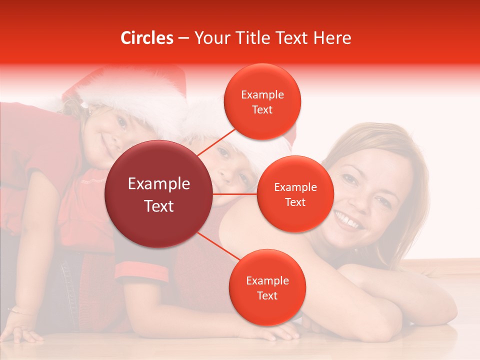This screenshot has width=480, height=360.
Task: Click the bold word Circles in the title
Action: (x=147, y=38)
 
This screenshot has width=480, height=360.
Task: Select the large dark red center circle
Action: (x=158, y=194)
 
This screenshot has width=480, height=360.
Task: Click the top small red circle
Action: (x=262, y=101)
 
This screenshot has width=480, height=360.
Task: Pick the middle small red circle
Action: (x=295, y=194)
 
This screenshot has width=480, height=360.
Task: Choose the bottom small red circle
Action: (x=267, y=287)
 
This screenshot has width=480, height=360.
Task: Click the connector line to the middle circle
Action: (x=235, y=194)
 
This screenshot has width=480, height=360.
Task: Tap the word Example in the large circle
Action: (x=158, y=183)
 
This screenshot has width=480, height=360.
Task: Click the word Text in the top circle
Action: (x=262, y=109)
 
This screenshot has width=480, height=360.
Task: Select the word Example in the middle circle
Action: (x=295, y=187)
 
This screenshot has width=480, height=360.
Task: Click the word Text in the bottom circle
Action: (x=267, y=295)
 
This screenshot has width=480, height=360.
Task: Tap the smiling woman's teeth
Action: (x=349, y=220)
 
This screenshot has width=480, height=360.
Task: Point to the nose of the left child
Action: (x=111, y=136)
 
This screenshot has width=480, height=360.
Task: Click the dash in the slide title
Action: (x=183, y=38)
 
